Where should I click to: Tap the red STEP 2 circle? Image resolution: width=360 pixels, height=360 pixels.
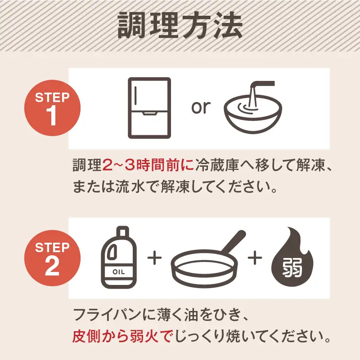(x=52, y=258)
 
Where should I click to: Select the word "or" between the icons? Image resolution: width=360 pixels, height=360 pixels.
(x=201, y=107)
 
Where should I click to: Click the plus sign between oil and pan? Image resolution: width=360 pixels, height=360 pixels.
(x=154, y=259)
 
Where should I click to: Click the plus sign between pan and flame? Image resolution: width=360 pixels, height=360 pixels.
(x=255, y=259)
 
